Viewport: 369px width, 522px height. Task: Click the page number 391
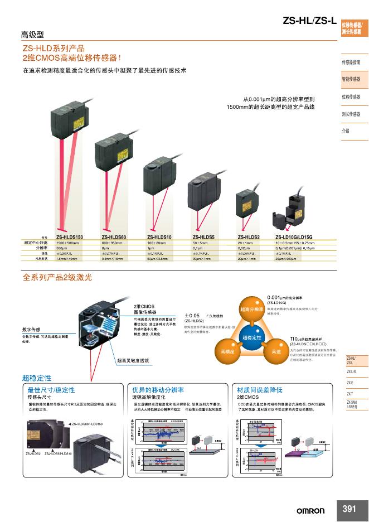click(349, 509)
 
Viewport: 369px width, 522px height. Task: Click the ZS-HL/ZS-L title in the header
click(309, 22)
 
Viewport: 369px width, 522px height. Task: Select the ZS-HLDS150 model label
click(69, 238)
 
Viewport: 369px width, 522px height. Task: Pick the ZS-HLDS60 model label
click(114, 238)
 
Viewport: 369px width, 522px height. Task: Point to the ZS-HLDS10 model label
click(159, 238)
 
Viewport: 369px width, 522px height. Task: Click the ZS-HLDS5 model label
click(204, 238)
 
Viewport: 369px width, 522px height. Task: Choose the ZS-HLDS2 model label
click(249, 238)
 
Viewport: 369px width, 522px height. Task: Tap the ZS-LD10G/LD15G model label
click(294, 238)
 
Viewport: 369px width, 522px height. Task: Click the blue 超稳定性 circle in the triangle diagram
click(252, 339)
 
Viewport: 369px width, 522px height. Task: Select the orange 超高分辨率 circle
click(251, 310)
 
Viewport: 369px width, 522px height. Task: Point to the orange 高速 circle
click(275, 352)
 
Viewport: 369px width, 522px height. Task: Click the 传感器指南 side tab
click(351, 62)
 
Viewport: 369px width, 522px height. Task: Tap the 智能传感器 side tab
click(351, 79)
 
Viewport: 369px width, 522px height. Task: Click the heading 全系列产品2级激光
click(57, 277)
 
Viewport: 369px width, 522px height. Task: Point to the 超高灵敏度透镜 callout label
click(133, 361)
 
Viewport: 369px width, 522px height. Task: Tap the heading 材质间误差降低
click(260, 390)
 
